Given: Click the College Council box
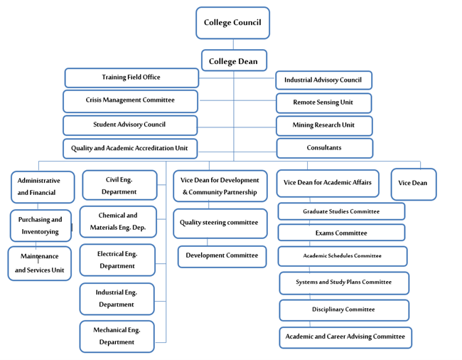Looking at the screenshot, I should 232,23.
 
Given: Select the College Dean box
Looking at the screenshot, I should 234,61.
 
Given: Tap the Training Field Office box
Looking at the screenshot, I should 131,78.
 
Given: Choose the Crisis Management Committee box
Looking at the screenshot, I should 130,100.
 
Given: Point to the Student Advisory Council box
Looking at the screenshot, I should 130,125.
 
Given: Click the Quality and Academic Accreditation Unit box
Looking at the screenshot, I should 130,149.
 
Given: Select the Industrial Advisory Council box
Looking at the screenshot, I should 323,80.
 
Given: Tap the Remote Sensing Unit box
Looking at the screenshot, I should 323,102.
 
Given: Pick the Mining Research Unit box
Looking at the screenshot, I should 323,125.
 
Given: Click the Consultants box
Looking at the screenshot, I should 324,148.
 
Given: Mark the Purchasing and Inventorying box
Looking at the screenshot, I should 41,226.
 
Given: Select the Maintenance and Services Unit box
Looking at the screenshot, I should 40,263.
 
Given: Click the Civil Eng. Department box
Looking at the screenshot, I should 119,185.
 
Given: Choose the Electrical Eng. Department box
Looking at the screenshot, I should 117,260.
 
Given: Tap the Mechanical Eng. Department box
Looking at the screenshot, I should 117,336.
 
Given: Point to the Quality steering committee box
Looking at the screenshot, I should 220,223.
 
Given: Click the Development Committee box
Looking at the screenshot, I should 222,256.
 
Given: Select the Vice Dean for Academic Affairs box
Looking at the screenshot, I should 327,184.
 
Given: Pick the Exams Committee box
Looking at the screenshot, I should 341,233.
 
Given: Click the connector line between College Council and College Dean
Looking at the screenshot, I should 233,44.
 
